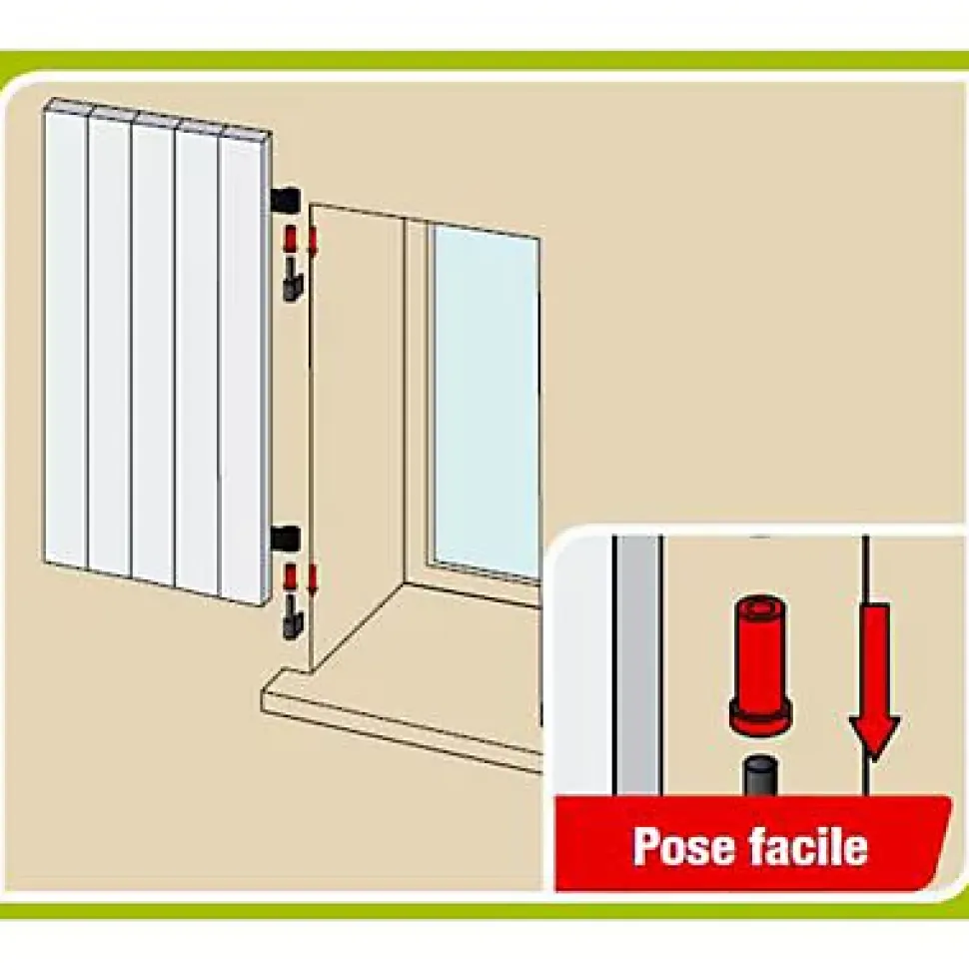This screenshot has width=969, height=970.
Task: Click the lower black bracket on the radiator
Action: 286,538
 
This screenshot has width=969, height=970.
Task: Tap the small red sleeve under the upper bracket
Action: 289,240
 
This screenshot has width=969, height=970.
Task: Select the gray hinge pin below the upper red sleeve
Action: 291,282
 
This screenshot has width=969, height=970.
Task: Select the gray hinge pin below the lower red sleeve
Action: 291,618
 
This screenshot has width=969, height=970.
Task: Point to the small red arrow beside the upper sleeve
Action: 313,241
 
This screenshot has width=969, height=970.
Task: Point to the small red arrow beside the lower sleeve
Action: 313,579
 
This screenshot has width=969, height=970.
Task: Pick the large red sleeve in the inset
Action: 760,667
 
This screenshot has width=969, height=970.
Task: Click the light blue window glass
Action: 485,402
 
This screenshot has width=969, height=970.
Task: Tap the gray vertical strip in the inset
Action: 639,665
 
